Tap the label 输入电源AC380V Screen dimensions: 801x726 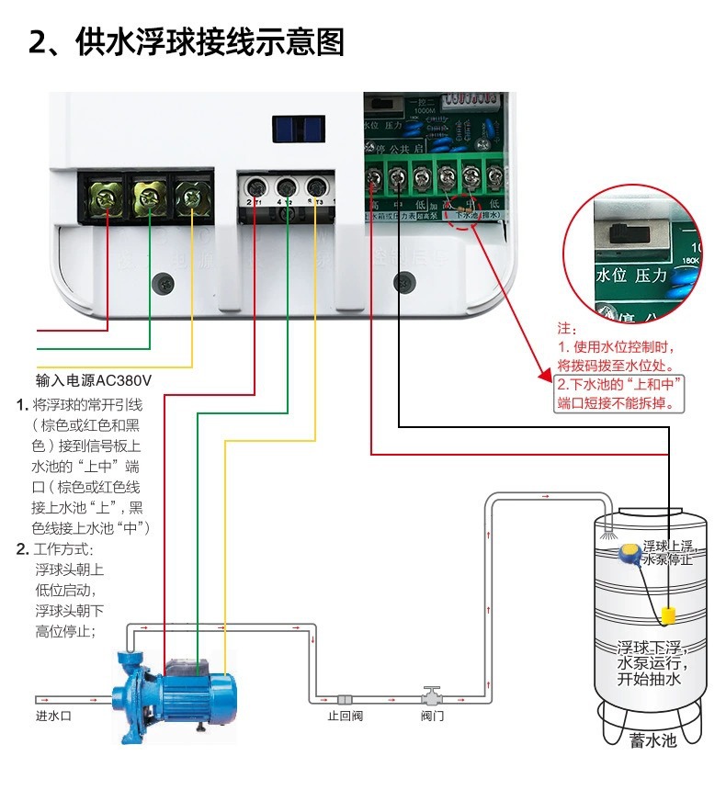93,379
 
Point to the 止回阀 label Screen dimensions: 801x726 346,716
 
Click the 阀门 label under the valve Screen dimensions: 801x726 432,716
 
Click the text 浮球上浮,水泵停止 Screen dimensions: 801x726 668,552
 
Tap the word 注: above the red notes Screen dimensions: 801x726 566,328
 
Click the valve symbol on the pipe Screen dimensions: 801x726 432,694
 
